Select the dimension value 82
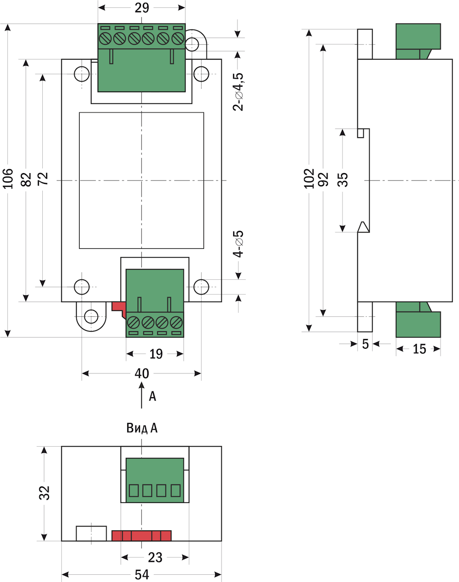27,179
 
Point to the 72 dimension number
43,179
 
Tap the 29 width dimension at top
142,8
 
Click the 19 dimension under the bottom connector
155,354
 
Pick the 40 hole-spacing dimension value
141,373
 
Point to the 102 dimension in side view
309,180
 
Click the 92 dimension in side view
324,179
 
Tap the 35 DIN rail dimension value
343,180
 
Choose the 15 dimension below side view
418,349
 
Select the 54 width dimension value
141,575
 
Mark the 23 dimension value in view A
155,557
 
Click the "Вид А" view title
142,428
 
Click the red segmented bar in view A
141,536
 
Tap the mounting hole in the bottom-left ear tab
90,317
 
